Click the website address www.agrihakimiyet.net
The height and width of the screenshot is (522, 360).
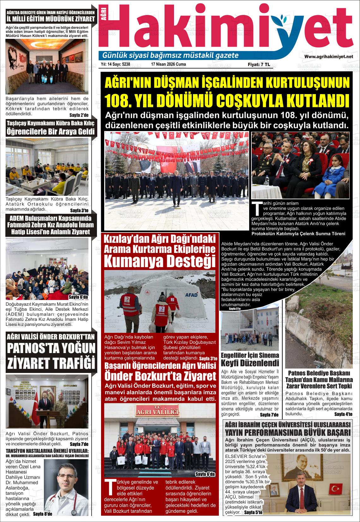click(328, 56)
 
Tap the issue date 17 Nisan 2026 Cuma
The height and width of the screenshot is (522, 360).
click(168, 64)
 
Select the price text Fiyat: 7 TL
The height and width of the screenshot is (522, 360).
click(259, 64)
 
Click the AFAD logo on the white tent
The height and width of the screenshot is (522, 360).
click(191, 295)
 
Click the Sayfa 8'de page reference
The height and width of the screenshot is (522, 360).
click(42, 514)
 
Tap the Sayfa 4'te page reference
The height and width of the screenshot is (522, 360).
click(343, 414)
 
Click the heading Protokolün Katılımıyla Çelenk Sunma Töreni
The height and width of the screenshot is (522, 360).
click(298, 234)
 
